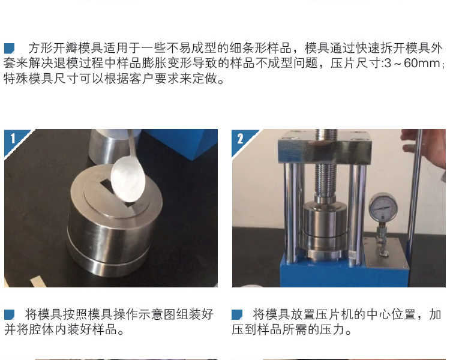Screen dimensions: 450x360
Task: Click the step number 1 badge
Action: [13, 139]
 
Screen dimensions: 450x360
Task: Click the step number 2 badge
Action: [241, 139]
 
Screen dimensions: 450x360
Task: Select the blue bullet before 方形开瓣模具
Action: [9, 48]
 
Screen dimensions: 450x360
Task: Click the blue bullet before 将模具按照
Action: [9, 314]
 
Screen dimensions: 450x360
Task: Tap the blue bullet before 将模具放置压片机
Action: [237, 314]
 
